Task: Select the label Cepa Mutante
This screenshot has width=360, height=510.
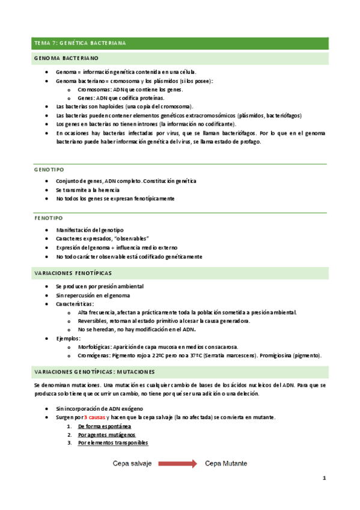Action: pyautogui.click(x=226, y=464)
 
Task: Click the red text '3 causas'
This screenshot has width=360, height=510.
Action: pyautogui.click(x=96, y=417)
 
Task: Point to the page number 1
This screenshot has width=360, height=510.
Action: pyautogui.click(x=324, y=478)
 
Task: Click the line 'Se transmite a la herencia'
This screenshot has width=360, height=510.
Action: pyautogui.click(x=88, y=190)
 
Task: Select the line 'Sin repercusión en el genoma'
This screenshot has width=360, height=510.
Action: pyautogui.click(x=93, y=295)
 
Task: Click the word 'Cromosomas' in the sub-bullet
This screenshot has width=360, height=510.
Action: pyautogui.click(x=93, y=89)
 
